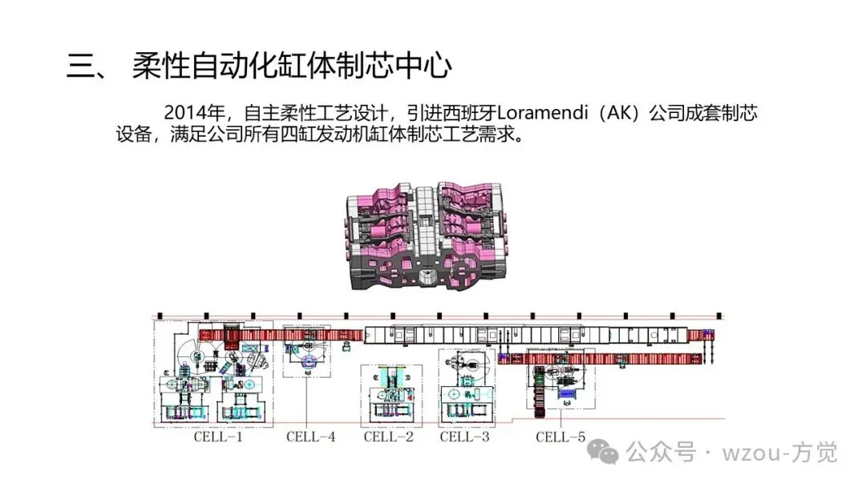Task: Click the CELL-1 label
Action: coord(218,437)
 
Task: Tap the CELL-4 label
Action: coord(310,437)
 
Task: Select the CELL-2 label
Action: coord(388,437)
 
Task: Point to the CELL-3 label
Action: coord(464,437)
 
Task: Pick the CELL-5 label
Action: coord(560,437)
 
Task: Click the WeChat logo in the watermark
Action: coord(603,453)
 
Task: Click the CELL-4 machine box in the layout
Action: coord(307,353)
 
